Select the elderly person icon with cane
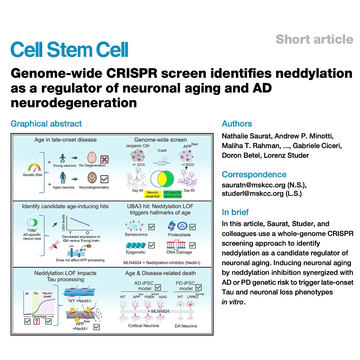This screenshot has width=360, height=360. coord(63,178)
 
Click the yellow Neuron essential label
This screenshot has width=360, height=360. coord(153,194)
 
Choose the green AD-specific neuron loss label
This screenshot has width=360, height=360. coord(172,194)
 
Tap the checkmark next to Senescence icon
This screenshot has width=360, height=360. coord(152,227)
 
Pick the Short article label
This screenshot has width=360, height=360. coord(314,39)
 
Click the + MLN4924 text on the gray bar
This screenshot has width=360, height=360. coord(158,311)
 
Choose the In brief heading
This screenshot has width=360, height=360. coord(235,212)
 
